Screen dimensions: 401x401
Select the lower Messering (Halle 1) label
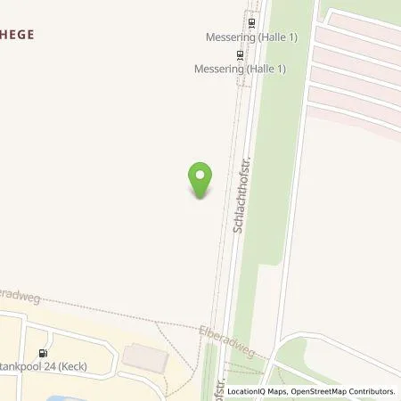pyautogui.click(x=233, y=68)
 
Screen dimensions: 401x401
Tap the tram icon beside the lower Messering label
pyautogui.click(x=240, y=53)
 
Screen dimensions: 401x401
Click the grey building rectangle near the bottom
pyautogui.click(x=143, y=356)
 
